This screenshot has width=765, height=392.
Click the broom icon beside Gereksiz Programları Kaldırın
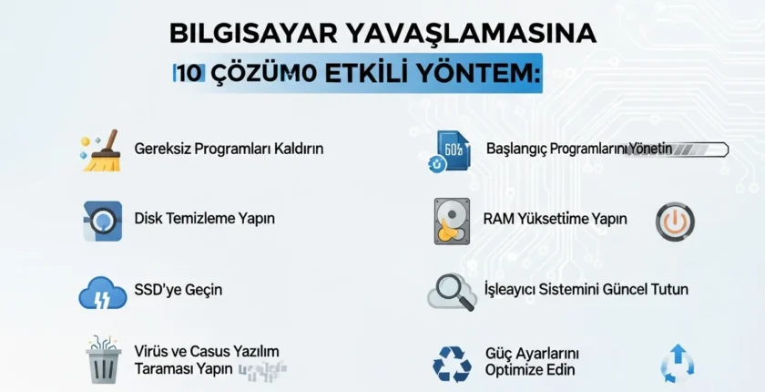point(102,150)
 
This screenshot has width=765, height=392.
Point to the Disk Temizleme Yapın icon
point(102,220)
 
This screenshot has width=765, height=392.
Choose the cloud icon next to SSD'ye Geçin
point(102,292)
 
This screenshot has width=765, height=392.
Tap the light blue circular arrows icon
point(677,362)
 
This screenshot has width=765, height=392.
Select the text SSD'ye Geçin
point(178,290)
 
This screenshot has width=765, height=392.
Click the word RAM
point(499,219)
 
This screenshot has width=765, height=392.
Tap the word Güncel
point(627,290)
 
